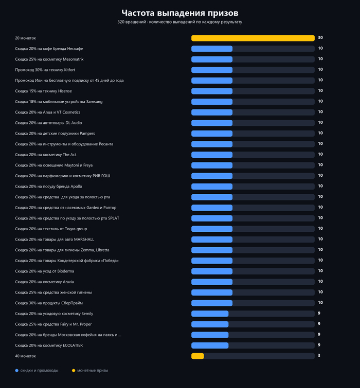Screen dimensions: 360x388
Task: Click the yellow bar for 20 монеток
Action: (x=253, y=38)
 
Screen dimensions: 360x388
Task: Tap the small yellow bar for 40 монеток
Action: (x=197, y=356)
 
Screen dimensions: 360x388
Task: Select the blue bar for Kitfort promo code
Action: (x=212, y=70)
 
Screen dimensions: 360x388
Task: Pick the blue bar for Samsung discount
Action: (x=212, y=102)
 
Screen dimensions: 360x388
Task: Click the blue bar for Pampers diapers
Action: (x=212, y=134)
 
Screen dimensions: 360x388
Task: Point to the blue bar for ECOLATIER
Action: (x=210, y=345)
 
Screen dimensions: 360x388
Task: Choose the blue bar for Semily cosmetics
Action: (x=210, y=314)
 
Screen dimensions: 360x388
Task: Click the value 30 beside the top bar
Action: (x=320, y=38)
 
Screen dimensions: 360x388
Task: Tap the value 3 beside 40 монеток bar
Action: (x=319, y=356)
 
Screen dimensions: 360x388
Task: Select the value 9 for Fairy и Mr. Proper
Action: (x=319, y=324)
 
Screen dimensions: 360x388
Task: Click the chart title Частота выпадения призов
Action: (x=180, y=13)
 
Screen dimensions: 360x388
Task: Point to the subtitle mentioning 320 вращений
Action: (x=180, y=22)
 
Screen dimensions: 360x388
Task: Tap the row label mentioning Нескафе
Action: (x=49, y=49)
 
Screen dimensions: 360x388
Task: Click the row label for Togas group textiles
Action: (x=51, y=229)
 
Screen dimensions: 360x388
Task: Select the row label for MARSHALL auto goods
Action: (x=55, y=239)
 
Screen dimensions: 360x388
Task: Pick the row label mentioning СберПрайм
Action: (x=49, y=303)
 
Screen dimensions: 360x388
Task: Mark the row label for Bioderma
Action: (x=45, y=271)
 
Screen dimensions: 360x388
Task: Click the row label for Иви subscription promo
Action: (x=69, y=81)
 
